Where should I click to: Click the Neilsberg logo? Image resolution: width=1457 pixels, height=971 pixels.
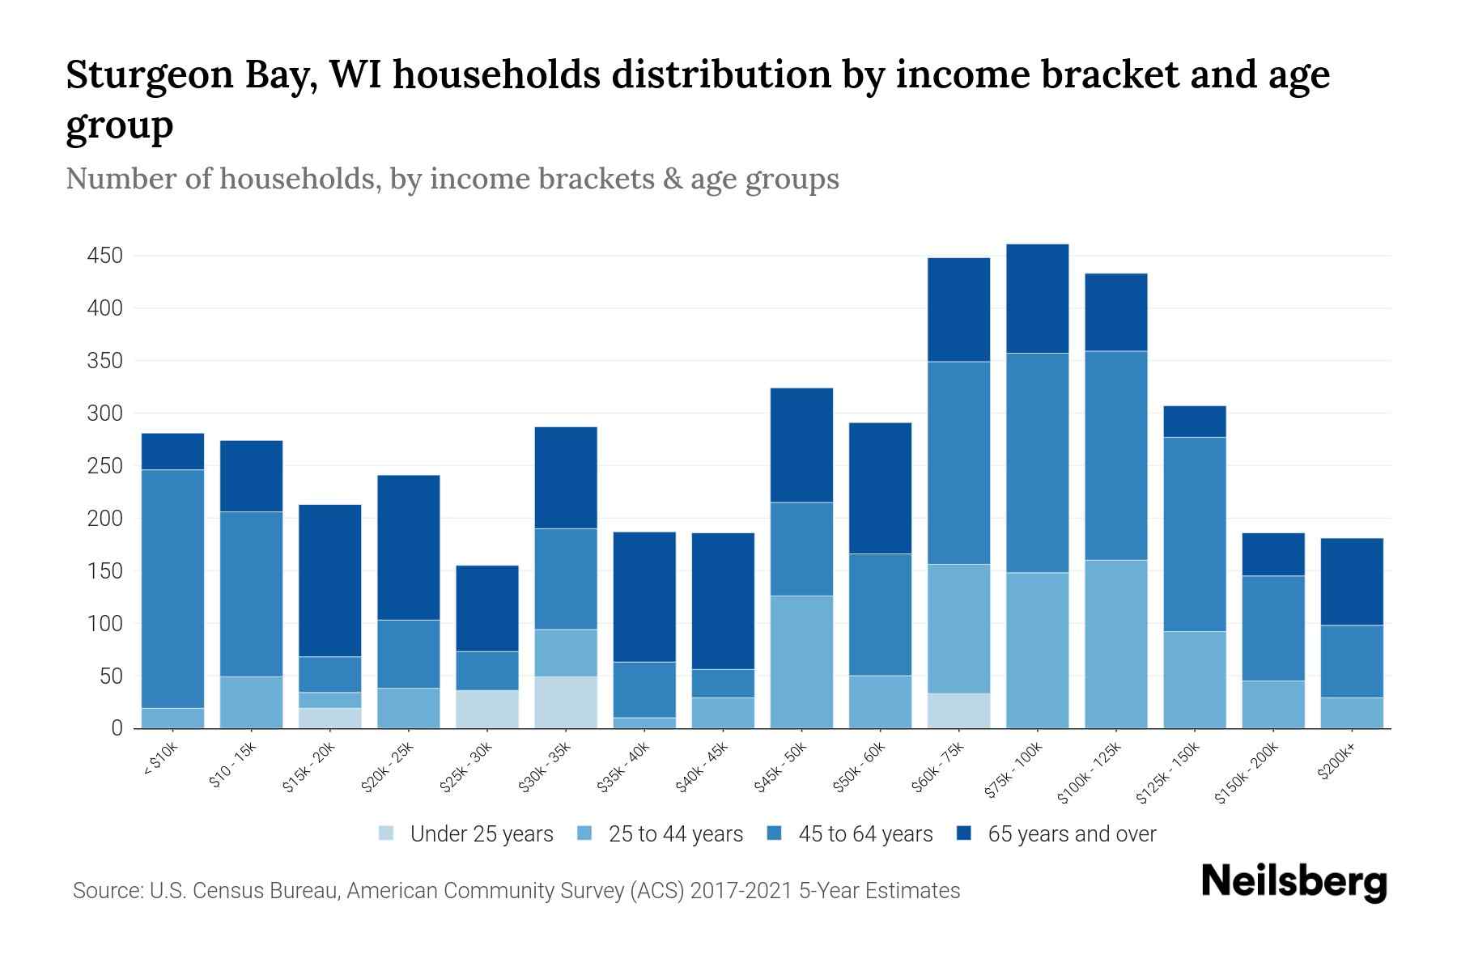[1293, 882]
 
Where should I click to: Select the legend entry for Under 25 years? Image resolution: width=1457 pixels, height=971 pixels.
[482, 834]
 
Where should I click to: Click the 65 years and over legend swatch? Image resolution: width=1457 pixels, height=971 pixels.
[964, 833]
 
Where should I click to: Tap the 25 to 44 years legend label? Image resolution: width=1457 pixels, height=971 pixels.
[675, 834]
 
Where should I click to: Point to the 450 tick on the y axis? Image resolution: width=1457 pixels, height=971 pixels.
[104, 257]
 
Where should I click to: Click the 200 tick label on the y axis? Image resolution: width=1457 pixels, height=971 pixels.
[104, 519]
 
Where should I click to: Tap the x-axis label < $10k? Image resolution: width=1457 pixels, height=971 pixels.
[160, 759]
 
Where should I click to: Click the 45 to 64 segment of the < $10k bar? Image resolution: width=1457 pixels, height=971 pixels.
[172, 588]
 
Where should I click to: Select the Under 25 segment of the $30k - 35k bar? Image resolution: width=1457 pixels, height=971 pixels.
[566, 702]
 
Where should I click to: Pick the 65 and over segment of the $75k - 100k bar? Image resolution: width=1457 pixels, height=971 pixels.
[1037, 299]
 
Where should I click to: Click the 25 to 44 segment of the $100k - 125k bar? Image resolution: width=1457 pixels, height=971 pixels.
[1115, 643]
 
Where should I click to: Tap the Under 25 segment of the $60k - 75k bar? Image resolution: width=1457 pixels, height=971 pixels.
[958, 710]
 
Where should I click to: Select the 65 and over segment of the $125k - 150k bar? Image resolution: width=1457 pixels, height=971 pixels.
[1194, 422]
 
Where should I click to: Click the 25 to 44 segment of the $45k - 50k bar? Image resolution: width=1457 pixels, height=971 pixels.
[801, 662]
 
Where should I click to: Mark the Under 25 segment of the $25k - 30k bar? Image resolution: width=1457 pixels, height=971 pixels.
[487, 709]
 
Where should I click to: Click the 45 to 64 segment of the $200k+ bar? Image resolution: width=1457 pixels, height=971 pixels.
[1352, 661]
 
